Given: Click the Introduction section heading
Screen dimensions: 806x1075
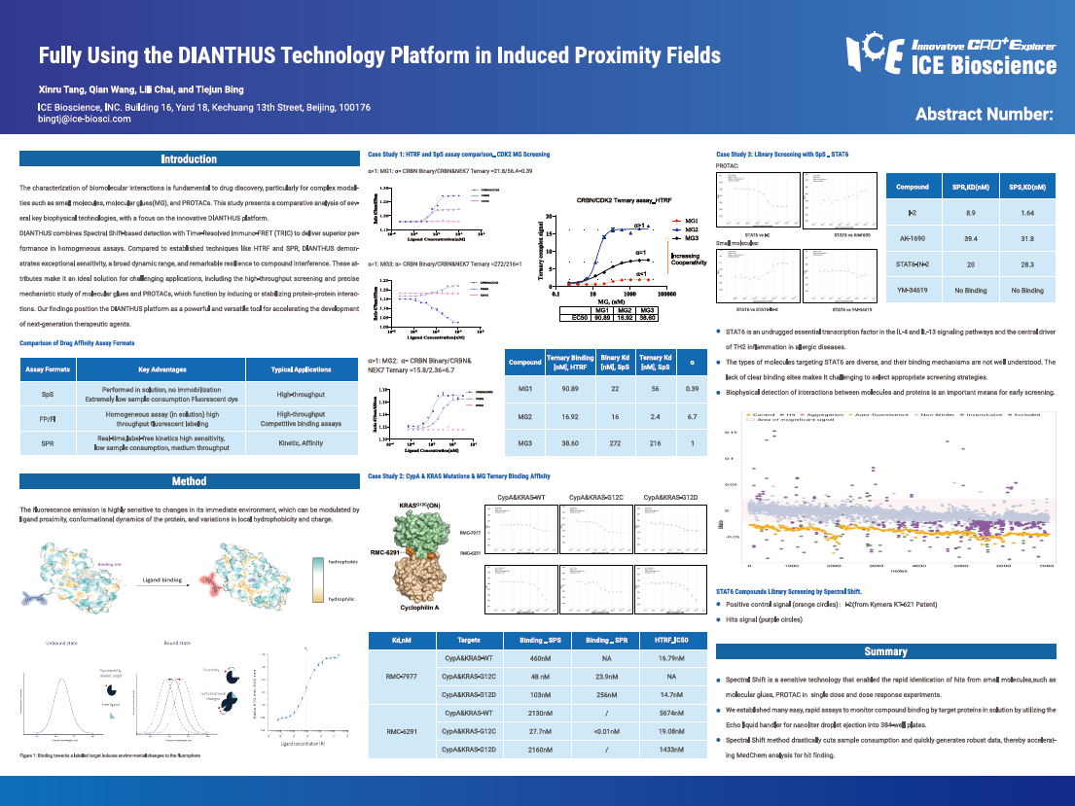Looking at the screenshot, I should click(189, 159).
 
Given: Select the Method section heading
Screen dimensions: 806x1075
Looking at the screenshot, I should click(189, 481).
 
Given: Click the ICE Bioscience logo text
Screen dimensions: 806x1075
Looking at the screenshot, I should click(984, 66).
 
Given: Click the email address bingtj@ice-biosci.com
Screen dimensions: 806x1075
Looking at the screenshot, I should click(84, 119).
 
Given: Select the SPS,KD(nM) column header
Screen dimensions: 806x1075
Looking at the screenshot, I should click(1027, 186).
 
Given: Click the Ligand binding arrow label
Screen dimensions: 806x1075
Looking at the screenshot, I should click(162, 578).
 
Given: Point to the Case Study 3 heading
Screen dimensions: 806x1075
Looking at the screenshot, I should click(782, 155).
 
